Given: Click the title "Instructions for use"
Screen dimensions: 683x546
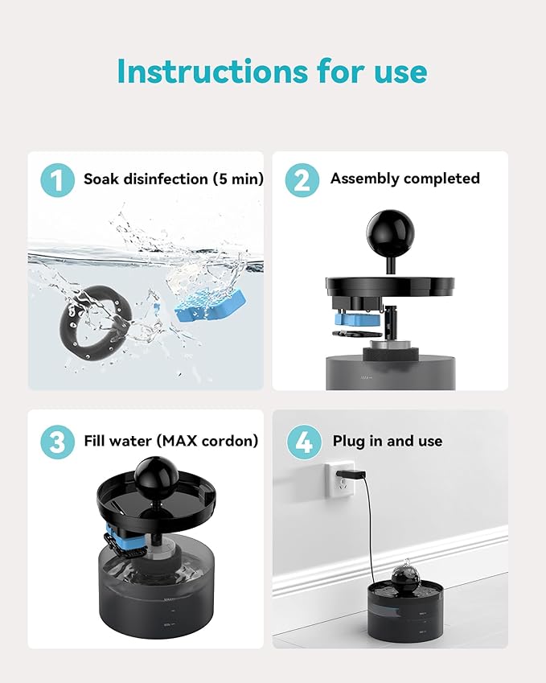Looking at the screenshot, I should (x=272, y=72).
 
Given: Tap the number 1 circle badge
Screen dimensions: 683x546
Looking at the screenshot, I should (x=57, y=179).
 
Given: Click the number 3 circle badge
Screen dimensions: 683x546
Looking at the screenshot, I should (x=57, y=442).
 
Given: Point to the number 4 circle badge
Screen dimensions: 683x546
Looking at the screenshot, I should (x=302, y=442).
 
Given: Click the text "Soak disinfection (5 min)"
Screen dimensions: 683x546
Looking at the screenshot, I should (x=173, y=179).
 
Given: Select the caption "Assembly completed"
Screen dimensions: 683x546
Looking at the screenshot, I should (x=404, y=179).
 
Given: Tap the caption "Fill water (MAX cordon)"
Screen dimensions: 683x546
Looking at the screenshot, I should (x=170, y=441).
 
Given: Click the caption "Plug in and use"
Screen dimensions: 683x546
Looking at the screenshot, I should (x=387, y=441).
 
